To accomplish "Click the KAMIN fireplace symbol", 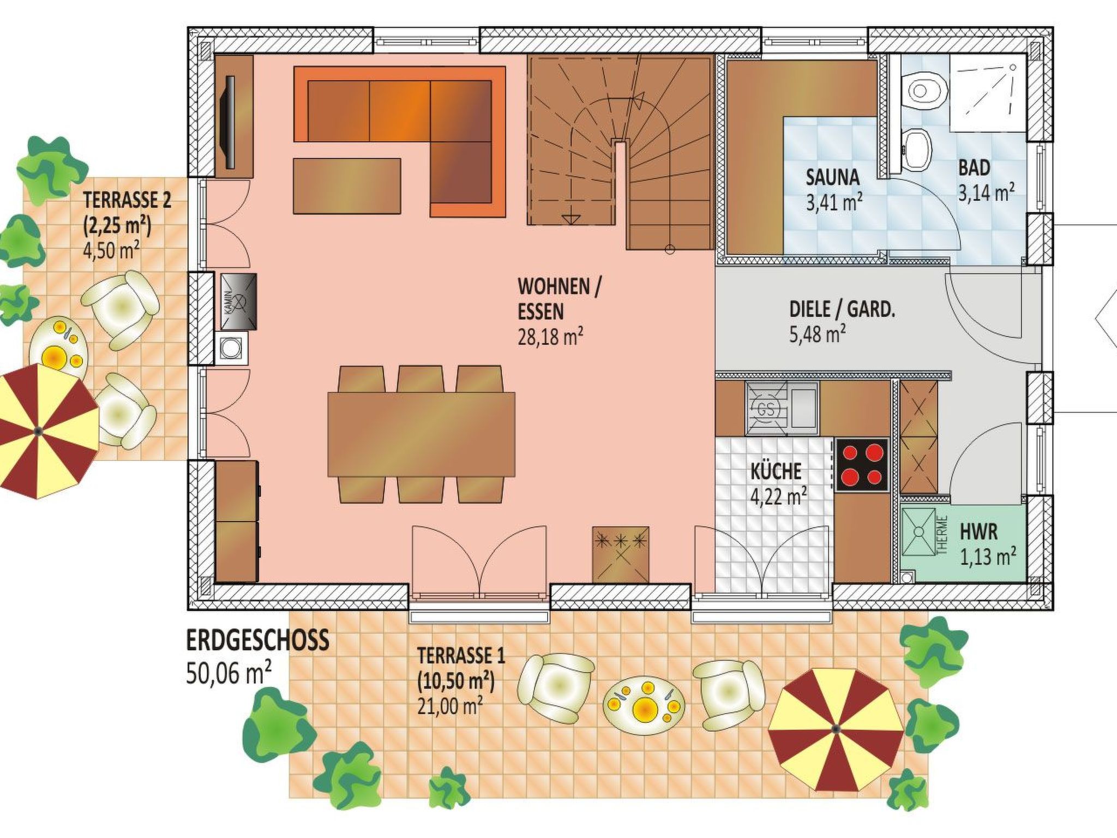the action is coord(239,302).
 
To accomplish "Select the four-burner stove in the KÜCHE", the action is coord(862,465).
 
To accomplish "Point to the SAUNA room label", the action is coord(833,177).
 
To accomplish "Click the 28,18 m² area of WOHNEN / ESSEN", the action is coord(550,337).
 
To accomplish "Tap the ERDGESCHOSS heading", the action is coord(258,640).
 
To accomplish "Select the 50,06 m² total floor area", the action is coord(229,674).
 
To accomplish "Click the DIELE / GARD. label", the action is coord(842,310).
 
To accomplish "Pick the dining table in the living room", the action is coord(421,434).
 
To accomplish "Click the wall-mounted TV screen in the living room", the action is coord(230,123).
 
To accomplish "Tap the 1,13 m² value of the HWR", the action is coord(988,558).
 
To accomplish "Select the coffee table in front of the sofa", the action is coord(347,186).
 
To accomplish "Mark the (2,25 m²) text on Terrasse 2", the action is coord(117,224).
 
